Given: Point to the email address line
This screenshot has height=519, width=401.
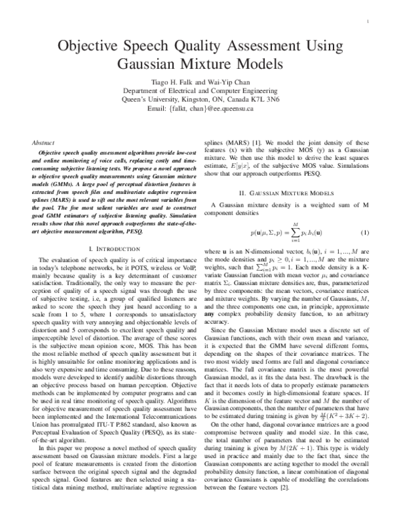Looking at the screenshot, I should [200, 108].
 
